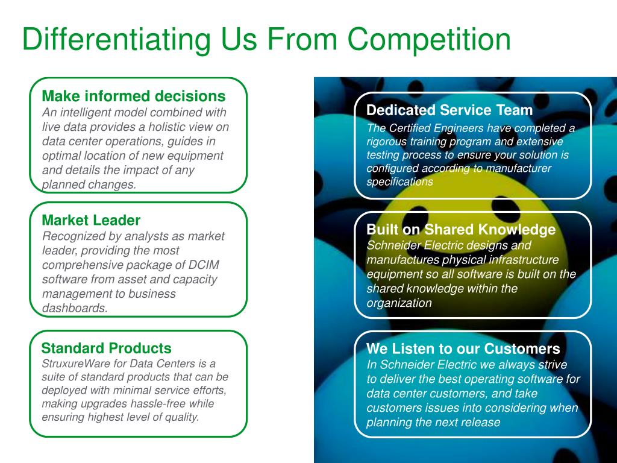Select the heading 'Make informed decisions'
click(x=133, y=96)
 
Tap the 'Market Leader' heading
click(x=90, y=220)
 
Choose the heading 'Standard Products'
click(x=106, y=348)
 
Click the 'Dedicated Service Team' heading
click(x=449, y=110)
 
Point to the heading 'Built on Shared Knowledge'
click(x=461, y=230)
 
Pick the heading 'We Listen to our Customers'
click(x=463, y=348)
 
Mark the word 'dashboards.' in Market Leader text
click(x=75, y=308)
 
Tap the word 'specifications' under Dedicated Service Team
click(x=399, y=181)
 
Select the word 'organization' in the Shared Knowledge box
click(x=399, y=303)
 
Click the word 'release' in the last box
click(x=482, y=422)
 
